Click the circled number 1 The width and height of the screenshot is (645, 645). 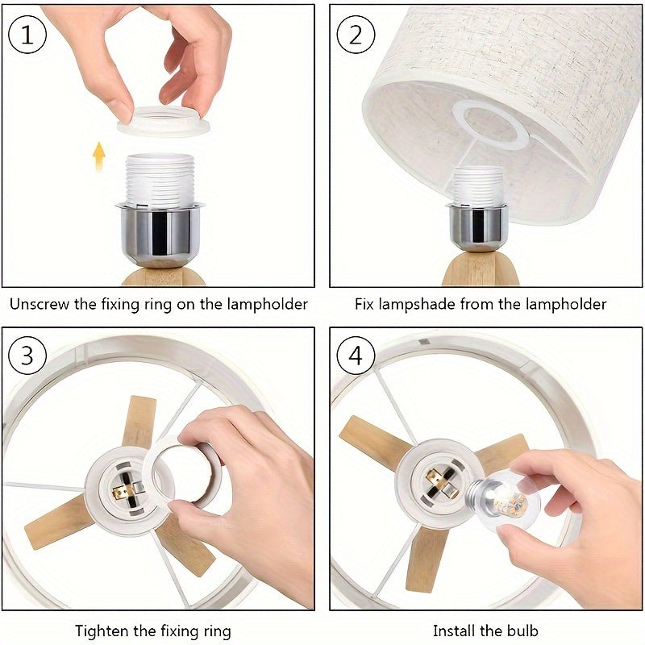(28, 35)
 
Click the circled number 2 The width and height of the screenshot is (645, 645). (356, 35)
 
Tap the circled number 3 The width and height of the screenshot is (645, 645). (28, 355)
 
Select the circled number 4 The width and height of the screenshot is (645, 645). (356, 355)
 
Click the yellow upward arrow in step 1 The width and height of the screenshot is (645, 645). (99, 156)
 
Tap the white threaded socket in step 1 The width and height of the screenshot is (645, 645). (160, 179)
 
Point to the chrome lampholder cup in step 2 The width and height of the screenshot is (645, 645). (477, 227)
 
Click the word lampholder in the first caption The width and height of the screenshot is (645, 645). (268, 305)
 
